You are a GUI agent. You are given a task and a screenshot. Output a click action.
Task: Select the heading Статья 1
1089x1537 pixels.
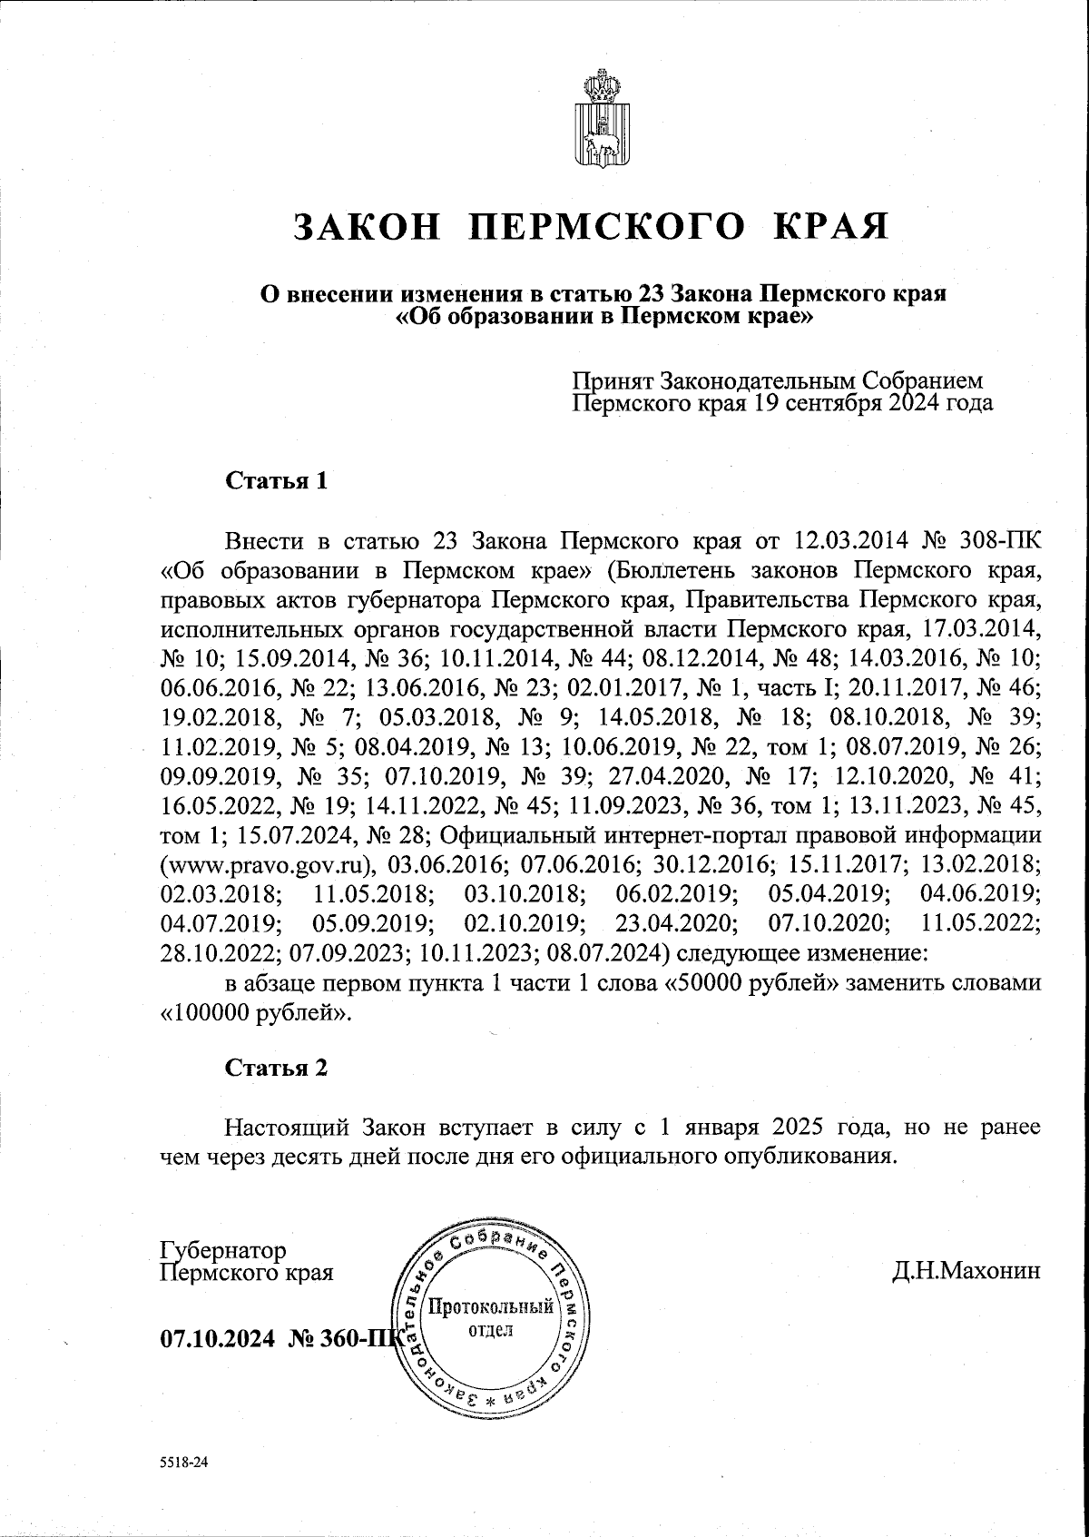[x=276, y=481]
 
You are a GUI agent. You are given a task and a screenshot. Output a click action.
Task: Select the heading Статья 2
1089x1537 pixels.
[x=276, y=1068]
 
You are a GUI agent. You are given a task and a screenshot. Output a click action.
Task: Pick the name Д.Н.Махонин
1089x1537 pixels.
[x=966, y=1271]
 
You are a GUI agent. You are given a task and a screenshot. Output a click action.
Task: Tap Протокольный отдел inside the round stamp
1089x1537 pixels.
[x=490, y=1318]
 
